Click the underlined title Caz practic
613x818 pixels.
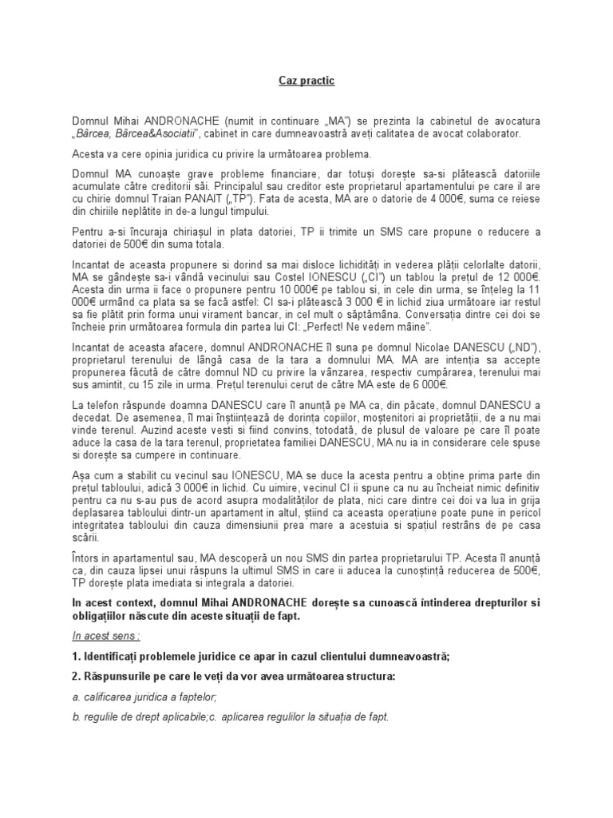[306, 81]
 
